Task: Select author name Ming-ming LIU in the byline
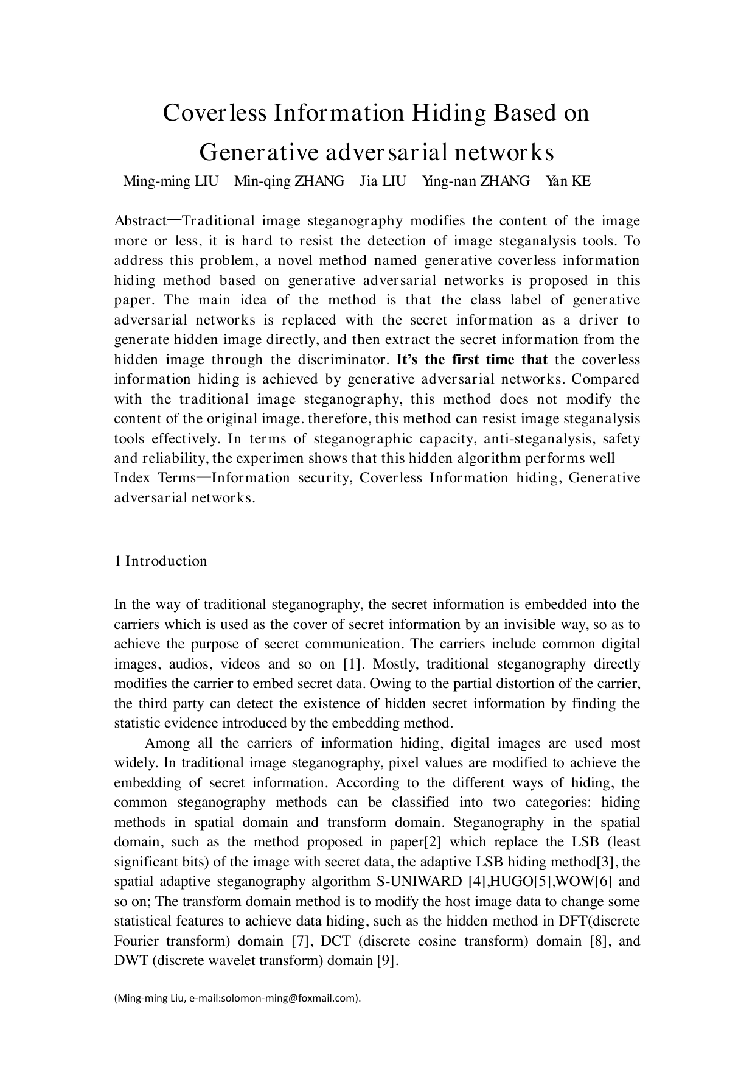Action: pos(170,181)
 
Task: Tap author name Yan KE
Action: pos(568,181)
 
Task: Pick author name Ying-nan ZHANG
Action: pos(475,181)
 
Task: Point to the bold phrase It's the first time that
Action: pos(471,360)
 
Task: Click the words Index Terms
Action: pos(154,478)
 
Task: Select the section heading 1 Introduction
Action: pos(161,561)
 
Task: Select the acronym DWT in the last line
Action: pos(128,961)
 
